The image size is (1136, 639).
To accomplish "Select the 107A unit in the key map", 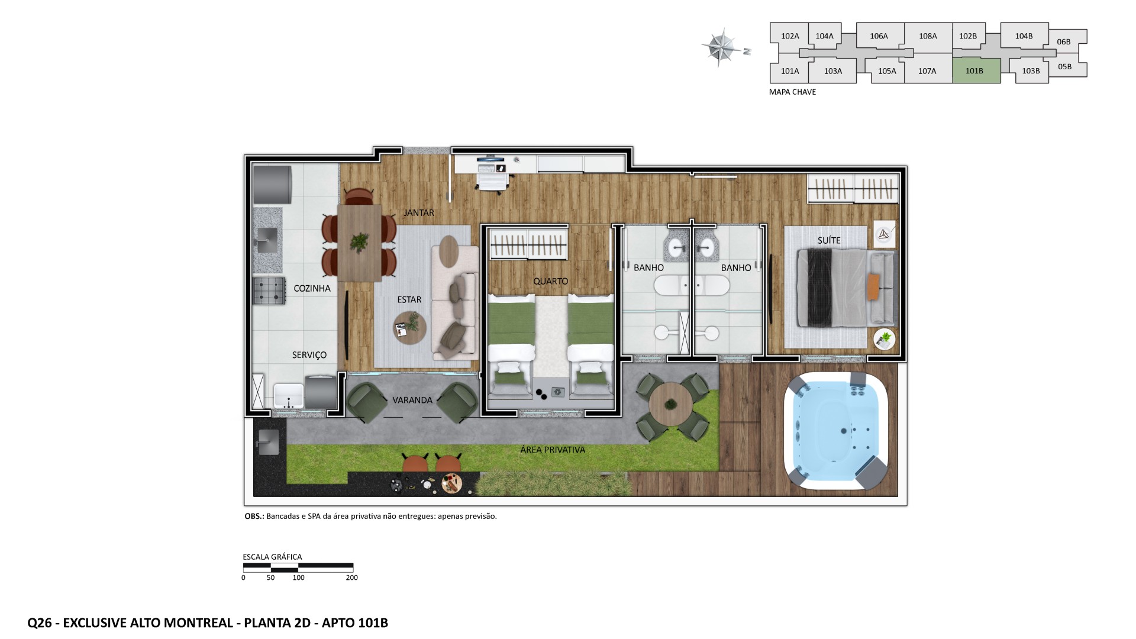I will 927,71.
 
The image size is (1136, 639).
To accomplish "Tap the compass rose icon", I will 721,46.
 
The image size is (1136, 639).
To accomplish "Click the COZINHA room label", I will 312,289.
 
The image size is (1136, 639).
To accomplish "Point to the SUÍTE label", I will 828,240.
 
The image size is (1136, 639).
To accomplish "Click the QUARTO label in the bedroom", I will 550,281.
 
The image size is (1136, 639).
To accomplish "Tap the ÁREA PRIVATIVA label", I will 553,450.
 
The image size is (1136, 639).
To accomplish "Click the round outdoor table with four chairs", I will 670,405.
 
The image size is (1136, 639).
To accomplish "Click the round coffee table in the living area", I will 410,328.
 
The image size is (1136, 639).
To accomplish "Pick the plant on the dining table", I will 359,241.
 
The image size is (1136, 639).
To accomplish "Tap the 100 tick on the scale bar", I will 298,577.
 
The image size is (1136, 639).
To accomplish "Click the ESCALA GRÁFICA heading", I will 272,557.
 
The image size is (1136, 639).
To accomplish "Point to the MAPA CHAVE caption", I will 792,92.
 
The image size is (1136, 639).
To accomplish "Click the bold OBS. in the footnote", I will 254,516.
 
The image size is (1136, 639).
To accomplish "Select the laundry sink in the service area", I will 289,396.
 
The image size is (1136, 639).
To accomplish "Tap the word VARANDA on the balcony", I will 412,400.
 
